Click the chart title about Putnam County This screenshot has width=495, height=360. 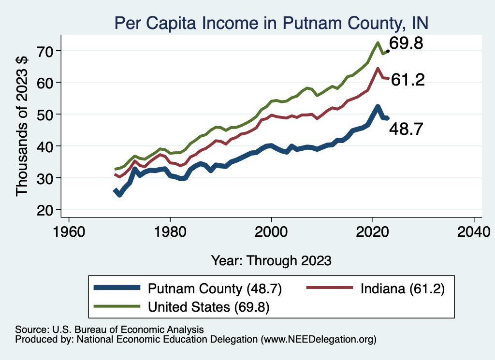click(271, 23)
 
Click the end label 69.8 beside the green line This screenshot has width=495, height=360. click(407, 44)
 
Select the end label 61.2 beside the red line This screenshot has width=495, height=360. click(408, 80)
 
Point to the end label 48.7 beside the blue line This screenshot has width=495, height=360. click(407, 129)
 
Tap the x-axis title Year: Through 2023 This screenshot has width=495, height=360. click(271, 260)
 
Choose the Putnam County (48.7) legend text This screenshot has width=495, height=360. click(215, 289)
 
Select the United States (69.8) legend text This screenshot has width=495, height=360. click(209, 306)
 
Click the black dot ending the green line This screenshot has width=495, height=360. click(388, 51)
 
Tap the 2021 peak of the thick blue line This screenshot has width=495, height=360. click(377, 107)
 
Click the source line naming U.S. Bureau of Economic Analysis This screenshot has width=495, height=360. click(109, 329)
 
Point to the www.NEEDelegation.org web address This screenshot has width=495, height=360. click(318, 340)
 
